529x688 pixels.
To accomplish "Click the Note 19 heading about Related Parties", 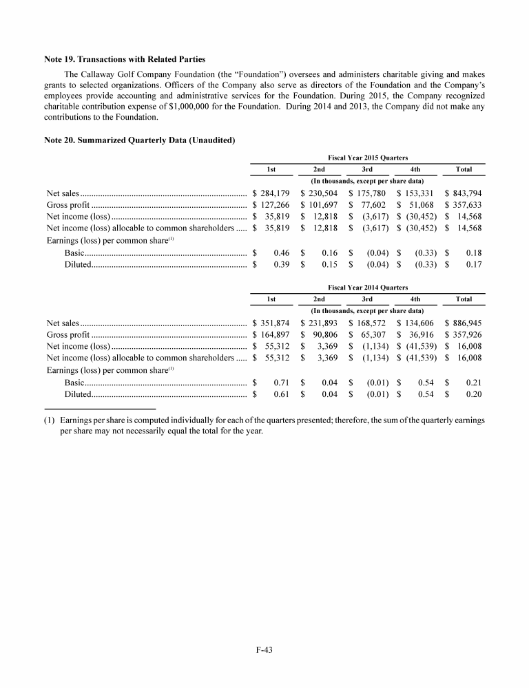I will pos(125,59).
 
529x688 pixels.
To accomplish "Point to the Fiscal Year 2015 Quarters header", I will pos(367,158).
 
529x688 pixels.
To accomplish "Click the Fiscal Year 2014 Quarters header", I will pos(367,287).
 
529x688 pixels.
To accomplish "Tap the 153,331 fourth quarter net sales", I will pos(417,194).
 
